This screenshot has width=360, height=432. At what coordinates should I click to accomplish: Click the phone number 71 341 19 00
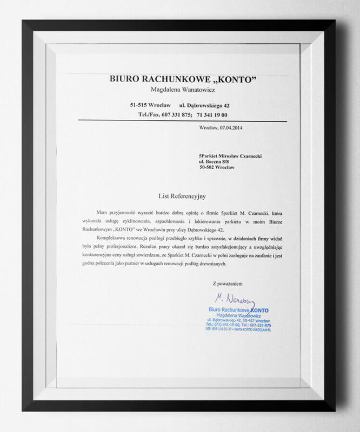(x=212, y=115)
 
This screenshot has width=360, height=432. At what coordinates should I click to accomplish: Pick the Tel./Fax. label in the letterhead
(x=149, y=115)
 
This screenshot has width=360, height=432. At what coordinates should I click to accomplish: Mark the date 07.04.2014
(x=233, y=129)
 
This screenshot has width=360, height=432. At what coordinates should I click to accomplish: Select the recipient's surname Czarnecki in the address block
(x=246, y=156)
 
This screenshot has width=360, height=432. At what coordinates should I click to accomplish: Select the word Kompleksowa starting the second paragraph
(x=112, y=238)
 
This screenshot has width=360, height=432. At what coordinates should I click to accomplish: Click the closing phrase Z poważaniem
(x=228, y=283)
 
